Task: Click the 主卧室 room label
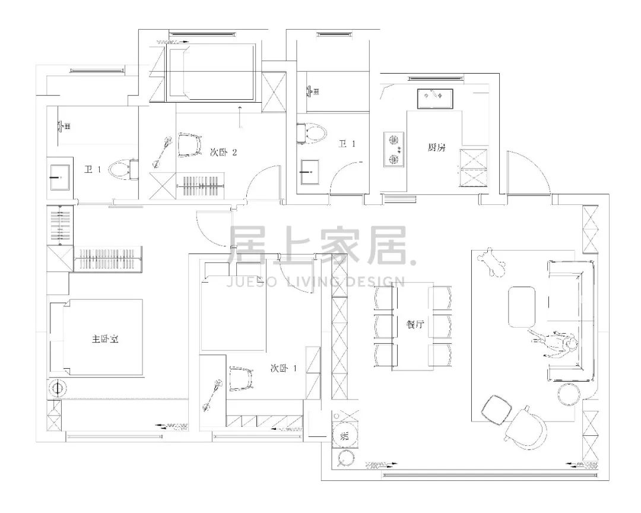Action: click(105, 339)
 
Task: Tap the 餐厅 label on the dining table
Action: click(415, 325)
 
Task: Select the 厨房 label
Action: click(437, 147)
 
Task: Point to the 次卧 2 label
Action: click(223, 153)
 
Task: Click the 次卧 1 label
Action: click(283, 368)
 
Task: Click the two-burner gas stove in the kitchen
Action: click(394, 149)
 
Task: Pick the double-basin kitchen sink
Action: click(435, 99)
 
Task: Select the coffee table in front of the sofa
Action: click(522, 307)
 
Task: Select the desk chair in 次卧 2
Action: click(190, 145)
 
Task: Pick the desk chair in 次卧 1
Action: click(242, 378)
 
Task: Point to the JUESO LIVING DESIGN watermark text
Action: click(316, 282)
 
